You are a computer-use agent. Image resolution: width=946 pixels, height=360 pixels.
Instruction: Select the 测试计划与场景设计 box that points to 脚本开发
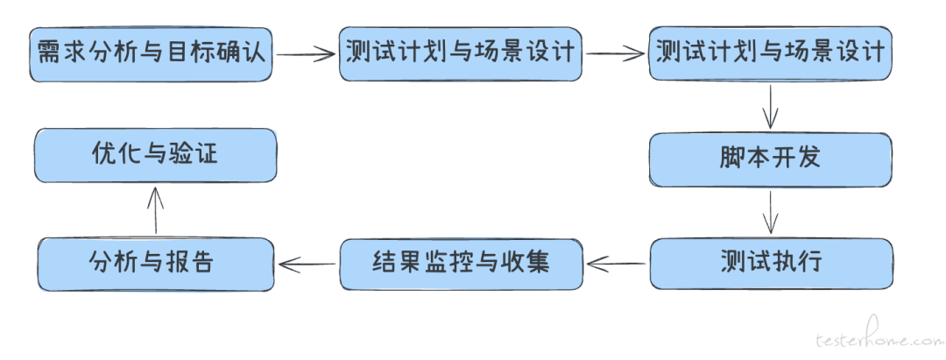click(x=770, y=53)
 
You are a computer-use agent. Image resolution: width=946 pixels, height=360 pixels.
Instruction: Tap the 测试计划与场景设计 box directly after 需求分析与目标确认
click(x=461, y=53)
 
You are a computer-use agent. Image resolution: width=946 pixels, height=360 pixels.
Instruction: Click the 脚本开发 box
click(x=770, y=159)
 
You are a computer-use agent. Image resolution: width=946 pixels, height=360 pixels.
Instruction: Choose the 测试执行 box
click(x=770, y=262)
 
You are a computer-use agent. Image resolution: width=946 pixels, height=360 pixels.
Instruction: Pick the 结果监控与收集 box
click(x=461, y=262)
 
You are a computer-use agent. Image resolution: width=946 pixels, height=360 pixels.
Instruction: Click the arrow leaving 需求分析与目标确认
click(x=307, y=54)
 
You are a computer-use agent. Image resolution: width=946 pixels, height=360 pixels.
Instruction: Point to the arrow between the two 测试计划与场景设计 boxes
click(x=615, y=54)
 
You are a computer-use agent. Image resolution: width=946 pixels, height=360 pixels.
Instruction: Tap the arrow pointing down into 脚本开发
click(x=770, y=106)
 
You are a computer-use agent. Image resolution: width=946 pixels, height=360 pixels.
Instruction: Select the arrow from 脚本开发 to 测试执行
click(x=770, y=210)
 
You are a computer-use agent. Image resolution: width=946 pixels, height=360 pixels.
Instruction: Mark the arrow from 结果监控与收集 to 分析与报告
click(x=307, y=262)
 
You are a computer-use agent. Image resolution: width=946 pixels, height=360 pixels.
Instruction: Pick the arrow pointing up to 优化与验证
click(x=155, y=210)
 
